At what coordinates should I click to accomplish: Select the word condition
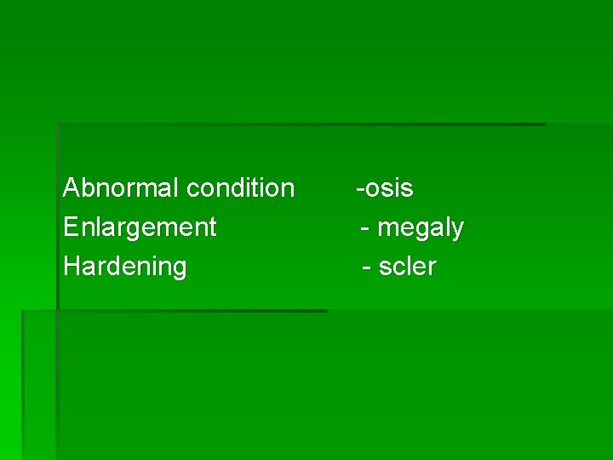point(241,187)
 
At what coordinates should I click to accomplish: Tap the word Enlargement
point(140,227)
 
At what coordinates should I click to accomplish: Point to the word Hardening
point(125,267)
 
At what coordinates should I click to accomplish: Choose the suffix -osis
point(385,187)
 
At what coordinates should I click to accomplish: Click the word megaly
point(421,228)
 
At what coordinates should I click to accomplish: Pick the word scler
point(408,267)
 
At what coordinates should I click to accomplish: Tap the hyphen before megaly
point(365,228)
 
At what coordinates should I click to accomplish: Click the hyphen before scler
point(367,267)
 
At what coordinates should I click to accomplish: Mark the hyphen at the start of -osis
point(360,188)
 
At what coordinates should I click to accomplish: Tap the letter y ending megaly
point(457,230)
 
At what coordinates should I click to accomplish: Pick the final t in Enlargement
point(212,227)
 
